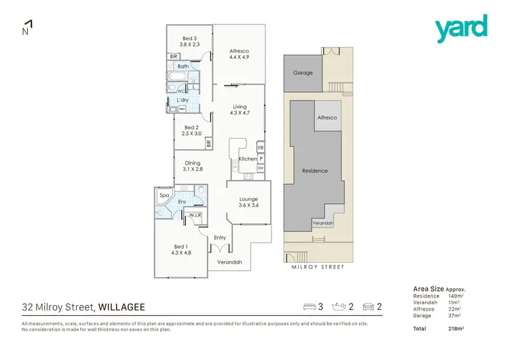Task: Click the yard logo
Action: pyautogui.click(x=461, y=29)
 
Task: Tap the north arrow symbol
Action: pyautogui.click(x=28, y=27)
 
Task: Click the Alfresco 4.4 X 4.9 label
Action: pyautogui.click(x=240, y=55)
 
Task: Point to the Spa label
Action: pyautogui.click(x=164, y=196)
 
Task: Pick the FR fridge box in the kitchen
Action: pyautogui.click(x=261, y=147)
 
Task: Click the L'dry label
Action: pyautogui.click(x=182, y=101)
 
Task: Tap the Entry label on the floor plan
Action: pyautogui.click(x=220, y=238)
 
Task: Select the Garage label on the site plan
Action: pyautogui.click(x=303, y=73)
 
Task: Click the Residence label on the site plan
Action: pyautogui.click(x=315, y=170)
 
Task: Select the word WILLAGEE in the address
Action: pyautogui.click(x=123, y=307)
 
